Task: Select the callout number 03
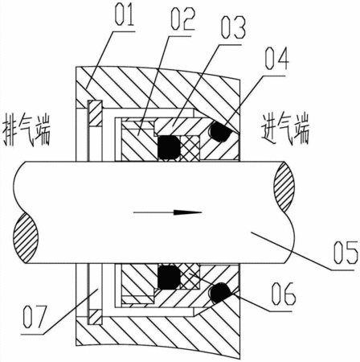click(233, 27)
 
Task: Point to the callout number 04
click(277, 59)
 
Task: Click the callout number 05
click(346, 252)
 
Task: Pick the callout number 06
click(284, 294)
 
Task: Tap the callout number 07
click(35, 317)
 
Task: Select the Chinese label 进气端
click(285, 130)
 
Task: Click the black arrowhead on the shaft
click(187, 212)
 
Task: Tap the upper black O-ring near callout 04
click(220, 131)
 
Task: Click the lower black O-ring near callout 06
click(221, 293)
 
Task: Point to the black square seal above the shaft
click(169, 147)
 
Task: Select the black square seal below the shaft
click(169, 278)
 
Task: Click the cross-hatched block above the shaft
click(190, 148)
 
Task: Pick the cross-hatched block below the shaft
click(190, 276)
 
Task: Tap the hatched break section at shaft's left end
click(26, 237)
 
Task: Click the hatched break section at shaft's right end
click(285, 187)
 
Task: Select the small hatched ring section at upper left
click(96, 113)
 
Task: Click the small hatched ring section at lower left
click(96, 317)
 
